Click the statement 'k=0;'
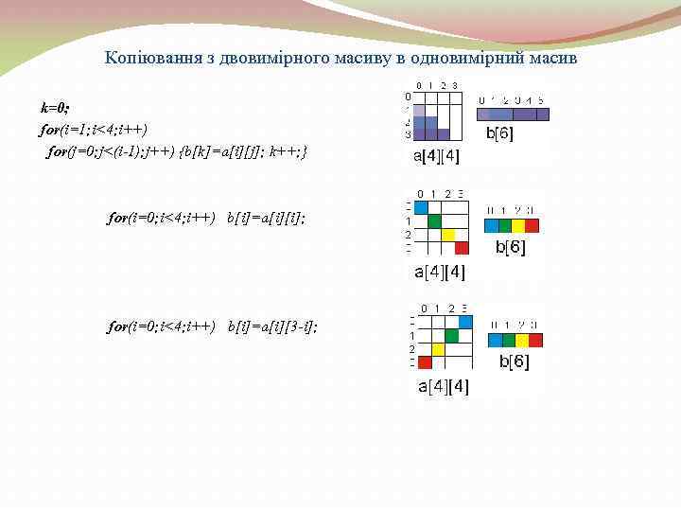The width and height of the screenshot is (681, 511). click(x=54, y=107)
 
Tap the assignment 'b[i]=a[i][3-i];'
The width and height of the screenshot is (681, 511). click(x=272, y=326)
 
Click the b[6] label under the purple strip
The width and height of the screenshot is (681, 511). click(x=499, y=133)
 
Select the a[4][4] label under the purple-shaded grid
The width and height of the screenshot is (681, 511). click(x=436, y=157)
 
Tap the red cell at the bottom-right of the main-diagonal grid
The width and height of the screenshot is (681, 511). click(x=462, y=248)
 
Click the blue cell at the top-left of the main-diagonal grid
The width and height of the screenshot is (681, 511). click(x=421, y=207)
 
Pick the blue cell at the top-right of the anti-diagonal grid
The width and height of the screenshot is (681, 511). click(x=465, y=322)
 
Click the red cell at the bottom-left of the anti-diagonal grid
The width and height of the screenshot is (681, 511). click(x=425, y=362)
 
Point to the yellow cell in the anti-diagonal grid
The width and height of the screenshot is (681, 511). click(x=438, y=348)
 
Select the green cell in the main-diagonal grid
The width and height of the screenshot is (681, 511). click(x=435, y=221)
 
